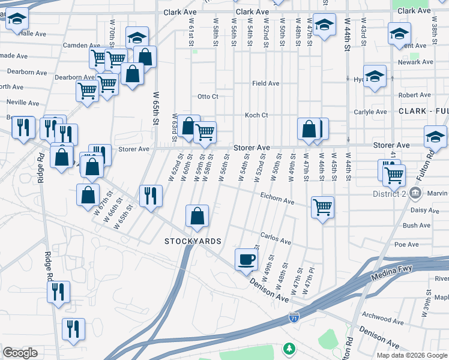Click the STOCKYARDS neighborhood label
click(x=193, y=241)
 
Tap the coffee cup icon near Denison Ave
click(x=247, y=259)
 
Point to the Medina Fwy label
click(x=392, y=269)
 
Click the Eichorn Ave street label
click(x=277, y=197)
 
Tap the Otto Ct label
click(x=208, y=97)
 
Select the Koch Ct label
click(x=256, y=115)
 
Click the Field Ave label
click(x=265, y=83)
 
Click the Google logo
click(x=20, y=353)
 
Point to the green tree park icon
click(x=289, y=349)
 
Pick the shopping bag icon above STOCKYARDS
click(x=197, y=216)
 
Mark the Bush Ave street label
click(x=417, y=226)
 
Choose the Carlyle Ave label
click(x=370, y=112)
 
